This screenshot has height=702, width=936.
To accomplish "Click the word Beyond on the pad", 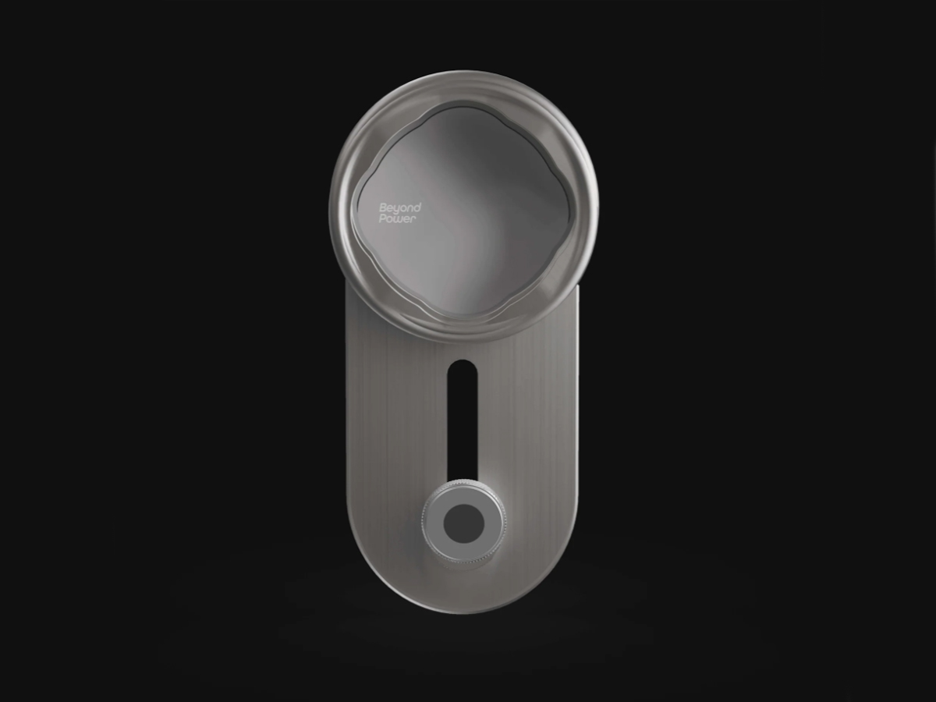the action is (x=400, y=208).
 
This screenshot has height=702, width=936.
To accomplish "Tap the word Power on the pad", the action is (x=398, y=219).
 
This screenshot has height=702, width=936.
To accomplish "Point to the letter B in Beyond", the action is (x=383, y=208).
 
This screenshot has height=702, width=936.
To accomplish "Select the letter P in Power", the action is (x=382, y=218).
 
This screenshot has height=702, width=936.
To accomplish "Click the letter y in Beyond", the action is (x=396, y=209).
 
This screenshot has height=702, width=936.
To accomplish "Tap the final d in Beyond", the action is (x=417, y=207).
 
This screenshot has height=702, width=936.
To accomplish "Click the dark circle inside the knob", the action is (x=463, y=524).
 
